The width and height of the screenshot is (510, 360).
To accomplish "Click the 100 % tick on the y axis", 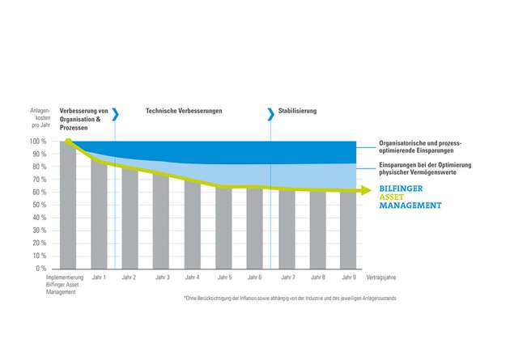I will [x=39, y=142].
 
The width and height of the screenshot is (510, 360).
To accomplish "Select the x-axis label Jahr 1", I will [x=98, y=277].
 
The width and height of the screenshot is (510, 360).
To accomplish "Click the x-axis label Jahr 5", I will [x=223, y=277].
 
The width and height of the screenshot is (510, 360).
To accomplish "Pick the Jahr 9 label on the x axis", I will [x=348, y=277].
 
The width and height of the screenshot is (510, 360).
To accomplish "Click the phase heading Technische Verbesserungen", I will [x=184, y=111].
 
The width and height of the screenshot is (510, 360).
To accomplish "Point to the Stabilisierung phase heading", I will [x=297, y=111].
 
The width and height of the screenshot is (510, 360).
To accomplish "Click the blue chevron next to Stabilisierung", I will [x=271, y=114].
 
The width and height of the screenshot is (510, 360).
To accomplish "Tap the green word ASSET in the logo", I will [x=393, y=197].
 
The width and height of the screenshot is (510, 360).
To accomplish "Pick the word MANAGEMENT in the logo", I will [x=410, y=205].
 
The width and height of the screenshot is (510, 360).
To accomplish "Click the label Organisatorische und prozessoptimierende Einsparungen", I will [x=421, y=146].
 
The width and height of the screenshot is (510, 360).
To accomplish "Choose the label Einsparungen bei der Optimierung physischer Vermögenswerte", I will [x=424, y=167].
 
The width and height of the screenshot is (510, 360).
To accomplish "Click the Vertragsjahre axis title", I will [x=381, y=277].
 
